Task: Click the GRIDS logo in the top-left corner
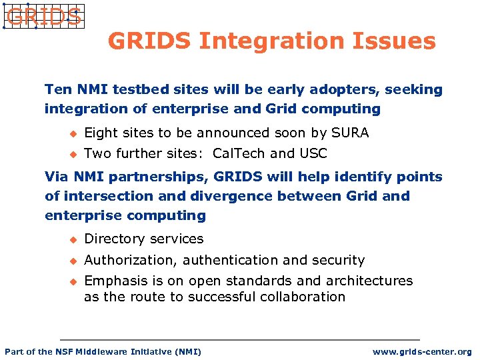click(43, 17)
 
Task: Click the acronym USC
click(313, 153)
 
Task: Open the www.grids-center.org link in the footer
click(421, 351)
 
